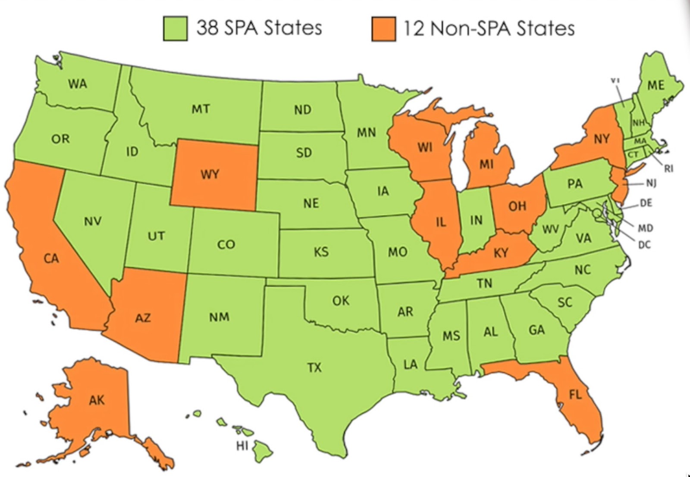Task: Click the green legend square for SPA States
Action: click(x=175, y=28)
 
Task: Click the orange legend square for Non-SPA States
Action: click(x=383, y=29)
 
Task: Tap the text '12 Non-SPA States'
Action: click(x=489, y=28)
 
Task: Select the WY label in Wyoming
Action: click(x=210, y=175)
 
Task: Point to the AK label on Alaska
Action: click(x=97, y=400)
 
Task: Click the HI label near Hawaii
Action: click(x=242, y=446)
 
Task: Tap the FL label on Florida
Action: click(x=575, y=394)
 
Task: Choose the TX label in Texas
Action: click(x=314, y=368)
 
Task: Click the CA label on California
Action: click(x=51, y=259)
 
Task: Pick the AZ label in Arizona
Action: click(x=143, y=318)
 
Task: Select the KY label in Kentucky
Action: click(x=501, y=253)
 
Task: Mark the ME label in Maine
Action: click(x=656, y=85)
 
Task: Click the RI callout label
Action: click(x=668, y=169)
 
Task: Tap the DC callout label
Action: click(x=644, y=245)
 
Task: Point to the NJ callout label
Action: click(x=651, y=184)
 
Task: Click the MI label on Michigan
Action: click(x=486, y=164)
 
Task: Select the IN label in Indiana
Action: click(x=476, y=220)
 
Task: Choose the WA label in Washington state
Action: click(x=77, y=84)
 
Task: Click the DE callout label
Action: click(x=646, y=203)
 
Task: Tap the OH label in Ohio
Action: click(x=517, y=206)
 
